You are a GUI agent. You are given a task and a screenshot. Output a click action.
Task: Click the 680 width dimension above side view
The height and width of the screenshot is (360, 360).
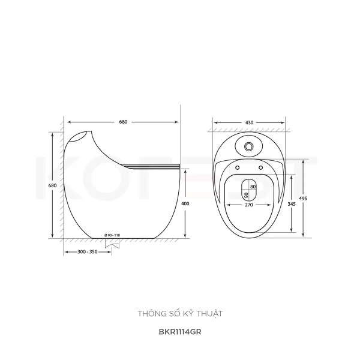pyautogui.click(x=123, y=122)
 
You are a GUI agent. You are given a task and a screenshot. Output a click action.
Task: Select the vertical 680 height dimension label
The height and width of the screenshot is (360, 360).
pyautogui.click(x=52, y=185)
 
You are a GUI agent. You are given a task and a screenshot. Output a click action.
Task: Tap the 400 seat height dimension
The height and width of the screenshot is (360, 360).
pyautogui.click(x=185, y=203)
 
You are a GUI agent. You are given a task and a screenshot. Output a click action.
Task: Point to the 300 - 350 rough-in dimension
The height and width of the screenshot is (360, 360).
pyautogui.click(x=88, y=252)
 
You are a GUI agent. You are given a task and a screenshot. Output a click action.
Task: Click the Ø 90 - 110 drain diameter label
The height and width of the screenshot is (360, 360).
pyautogui.click(x=112, y=235)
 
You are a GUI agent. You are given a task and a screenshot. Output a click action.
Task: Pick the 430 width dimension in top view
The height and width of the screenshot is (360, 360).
pyautogui.click(x=249, y=122)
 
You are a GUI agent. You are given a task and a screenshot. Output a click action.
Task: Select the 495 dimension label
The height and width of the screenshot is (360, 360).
pyautogui.click(x=303, y=199)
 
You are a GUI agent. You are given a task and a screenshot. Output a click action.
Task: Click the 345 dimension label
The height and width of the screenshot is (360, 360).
pyautogui.click(x=292, y=204)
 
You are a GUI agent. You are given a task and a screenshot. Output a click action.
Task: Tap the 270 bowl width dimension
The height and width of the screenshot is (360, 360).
pyautogui.click(x=249, y=205)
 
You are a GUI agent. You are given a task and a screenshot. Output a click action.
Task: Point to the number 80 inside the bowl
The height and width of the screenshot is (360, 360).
pyautogui.click(x=253, y=187)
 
